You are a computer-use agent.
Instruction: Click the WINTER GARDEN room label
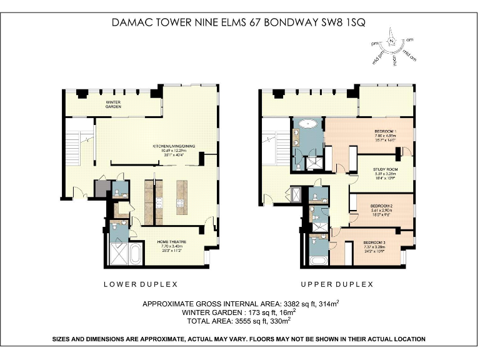coord(113,104)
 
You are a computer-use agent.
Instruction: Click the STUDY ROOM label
coord(386,169)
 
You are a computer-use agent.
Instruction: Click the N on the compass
coord(391,41)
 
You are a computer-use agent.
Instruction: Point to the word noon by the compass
coord(396,62)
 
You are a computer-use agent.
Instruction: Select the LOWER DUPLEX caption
coord(141,284)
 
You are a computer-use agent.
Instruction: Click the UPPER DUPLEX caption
coord(337,284)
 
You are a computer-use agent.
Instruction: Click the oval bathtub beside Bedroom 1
coord(309,125)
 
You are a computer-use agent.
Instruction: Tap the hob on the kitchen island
coord(182,202)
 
